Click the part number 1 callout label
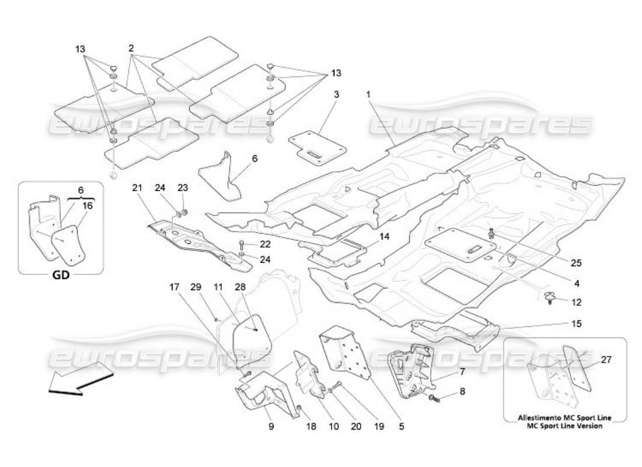coord(368,94)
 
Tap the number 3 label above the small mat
coord(336,94)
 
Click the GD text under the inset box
coord(61,276)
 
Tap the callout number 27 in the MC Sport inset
coord(606,360)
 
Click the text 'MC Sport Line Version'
coord(565,426)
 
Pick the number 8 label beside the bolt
coord(462,392)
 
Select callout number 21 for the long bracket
coord(137,187)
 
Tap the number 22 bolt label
coord(266,243)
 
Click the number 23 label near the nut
coord(183,187)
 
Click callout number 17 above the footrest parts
coord(175,287)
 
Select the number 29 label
coord(197,287)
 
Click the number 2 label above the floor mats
coord(132,47)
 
